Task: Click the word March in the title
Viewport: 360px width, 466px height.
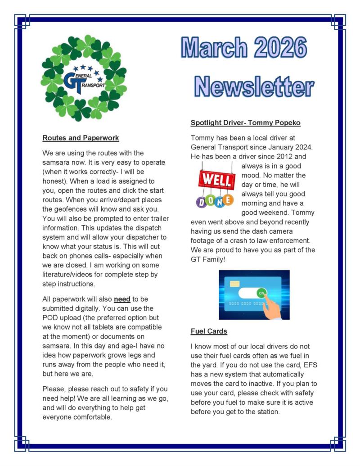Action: tap(214, 48)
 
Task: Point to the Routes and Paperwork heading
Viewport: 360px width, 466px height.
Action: tap(81, 138)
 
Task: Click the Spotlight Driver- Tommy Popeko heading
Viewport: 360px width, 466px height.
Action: tap(245, 122)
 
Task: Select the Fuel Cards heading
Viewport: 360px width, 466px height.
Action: tap(209, 331)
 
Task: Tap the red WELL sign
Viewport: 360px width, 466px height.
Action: tap(217, 180)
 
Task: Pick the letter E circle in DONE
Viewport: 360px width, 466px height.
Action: tap(228, 199)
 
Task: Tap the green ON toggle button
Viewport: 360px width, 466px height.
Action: tap(261, 293)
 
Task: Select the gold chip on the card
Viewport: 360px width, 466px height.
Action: tap(234, 285)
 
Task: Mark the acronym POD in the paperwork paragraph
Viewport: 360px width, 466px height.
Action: tap(51, 317)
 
